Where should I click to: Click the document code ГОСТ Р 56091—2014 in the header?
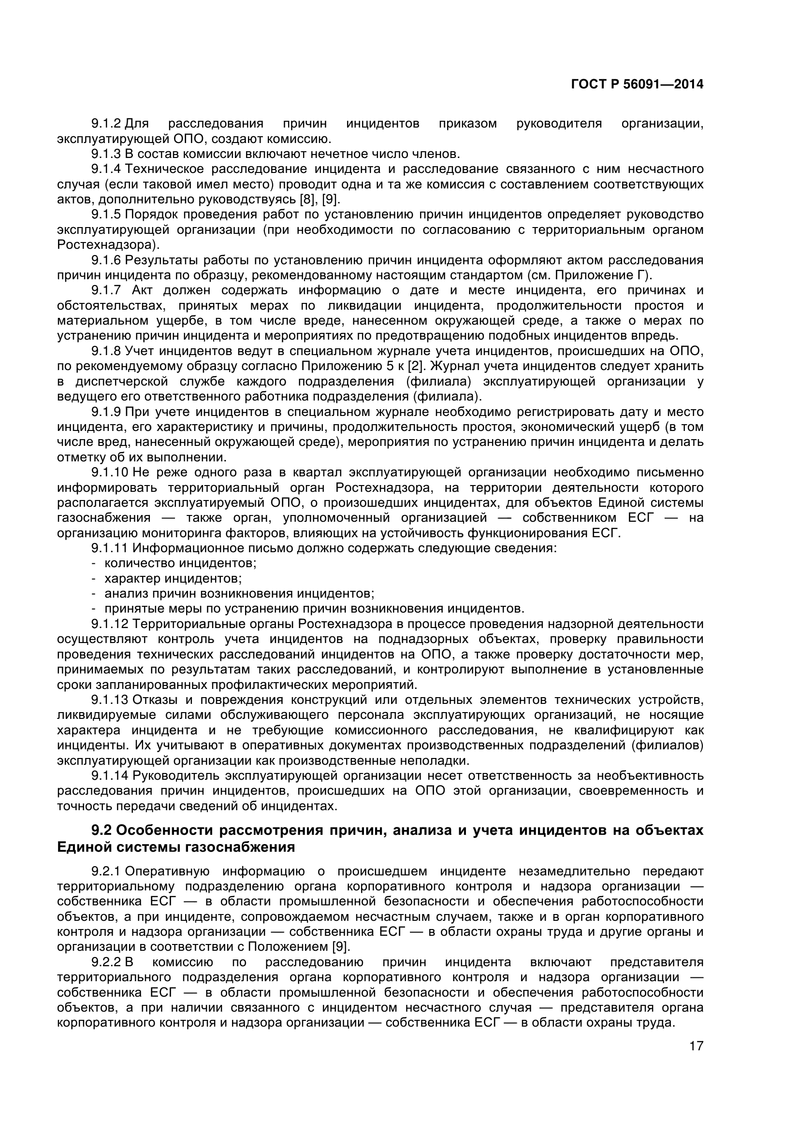click(x=637, y=85)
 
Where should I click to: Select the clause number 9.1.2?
click(x=106, y=124)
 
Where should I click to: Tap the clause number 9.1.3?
click(x=106, y=154)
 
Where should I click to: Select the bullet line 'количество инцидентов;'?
click(x=180, y=562)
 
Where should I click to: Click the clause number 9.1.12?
click(x=109, y=624)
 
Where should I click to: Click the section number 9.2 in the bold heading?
click(x=102, y=830)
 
